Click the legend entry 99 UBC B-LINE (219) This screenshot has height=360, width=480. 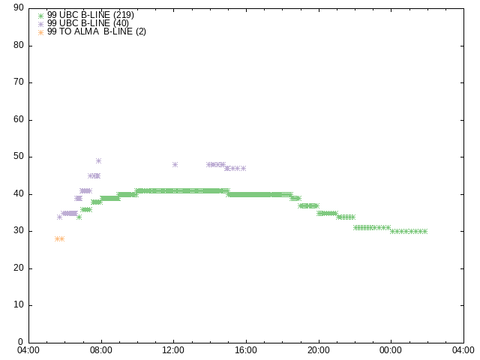tap(90, 15)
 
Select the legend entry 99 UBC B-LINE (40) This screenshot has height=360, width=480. tap(88, 23)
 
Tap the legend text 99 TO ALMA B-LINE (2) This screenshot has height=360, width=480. tap(97, 31)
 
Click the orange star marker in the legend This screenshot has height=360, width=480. tap(40, 32)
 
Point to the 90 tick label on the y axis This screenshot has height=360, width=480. tap(19, 7)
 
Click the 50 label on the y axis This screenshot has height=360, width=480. tap(19, 156)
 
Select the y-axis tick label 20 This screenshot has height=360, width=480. tap(19, 268)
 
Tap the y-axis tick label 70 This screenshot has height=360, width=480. tap(19, 82)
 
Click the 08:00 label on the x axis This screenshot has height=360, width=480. tap(101, 350)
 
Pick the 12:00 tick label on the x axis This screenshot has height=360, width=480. tap(173, 350)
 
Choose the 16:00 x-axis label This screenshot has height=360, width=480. tap(246, 350)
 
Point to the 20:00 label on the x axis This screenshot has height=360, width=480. tap(318, 350)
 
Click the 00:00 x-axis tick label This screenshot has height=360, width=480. tap(391, 350)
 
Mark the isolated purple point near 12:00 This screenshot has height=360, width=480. tap(175, 165)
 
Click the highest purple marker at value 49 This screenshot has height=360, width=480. tap(98, 161)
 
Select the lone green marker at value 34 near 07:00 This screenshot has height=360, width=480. tap(79, 217)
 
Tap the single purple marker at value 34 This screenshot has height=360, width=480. tap(59, 217)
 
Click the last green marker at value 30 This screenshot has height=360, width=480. tap(424, 232)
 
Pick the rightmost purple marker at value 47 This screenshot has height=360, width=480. tap(243, 168)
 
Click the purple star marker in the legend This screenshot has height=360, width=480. tap(40, 24)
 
